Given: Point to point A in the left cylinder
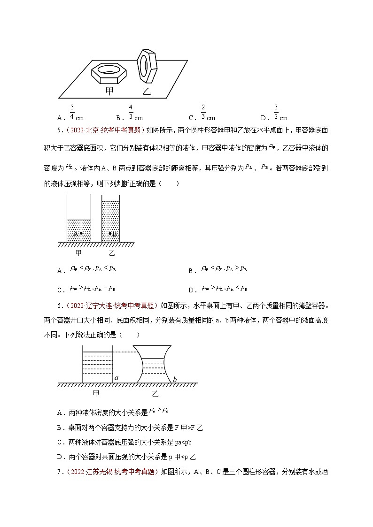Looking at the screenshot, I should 80,233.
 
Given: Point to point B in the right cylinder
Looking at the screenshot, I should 110,233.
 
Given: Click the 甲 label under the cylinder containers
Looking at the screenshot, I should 78,253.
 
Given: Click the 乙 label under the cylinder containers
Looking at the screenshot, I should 112,253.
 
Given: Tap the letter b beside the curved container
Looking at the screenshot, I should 175,379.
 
